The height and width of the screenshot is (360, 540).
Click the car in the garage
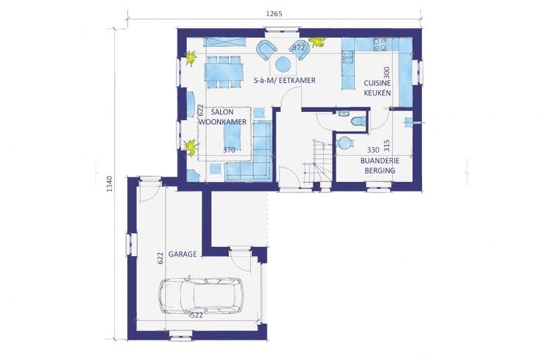(201, 295)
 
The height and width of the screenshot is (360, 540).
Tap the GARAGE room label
(183, 254)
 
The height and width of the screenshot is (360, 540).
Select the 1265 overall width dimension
(274, 14)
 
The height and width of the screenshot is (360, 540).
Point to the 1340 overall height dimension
(109, 184)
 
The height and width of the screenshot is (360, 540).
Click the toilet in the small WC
(359, 122)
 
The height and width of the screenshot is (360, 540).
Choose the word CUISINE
(377, 83)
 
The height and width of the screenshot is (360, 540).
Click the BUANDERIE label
(380, 161)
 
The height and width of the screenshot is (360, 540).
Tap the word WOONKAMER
(223, 122)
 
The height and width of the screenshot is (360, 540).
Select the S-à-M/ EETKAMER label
(285, 81)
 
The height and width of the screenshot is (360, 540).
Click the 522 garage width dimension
(197, 315)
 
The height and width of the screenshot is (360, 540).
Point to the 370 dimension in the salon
(229, 150)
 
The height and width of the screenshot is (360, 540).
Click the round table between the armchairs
(283, 64)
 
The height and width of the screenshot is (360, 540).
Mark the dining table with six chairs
(224, 72)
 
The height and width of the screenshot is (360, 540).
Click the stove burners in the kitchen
(380, 45)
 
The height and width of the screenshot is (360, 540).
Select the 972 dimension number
(299, 48)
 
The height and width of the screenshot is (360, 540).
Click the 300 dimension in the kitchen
(387, 73)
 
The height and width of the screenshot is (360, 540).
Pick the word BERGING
(380, 170)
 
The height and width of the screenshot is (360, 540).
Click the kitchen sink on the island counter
(348, 56)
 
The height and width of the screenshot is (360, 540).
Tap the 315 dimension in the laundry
(387, 145)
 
